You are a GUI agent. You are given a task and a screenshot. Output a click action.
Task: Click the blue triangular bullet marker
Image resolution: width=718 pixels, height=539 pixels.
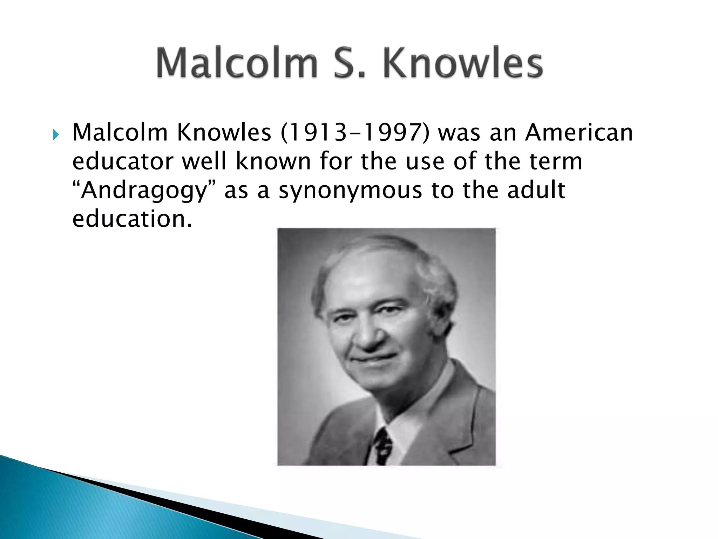tap(56, 134)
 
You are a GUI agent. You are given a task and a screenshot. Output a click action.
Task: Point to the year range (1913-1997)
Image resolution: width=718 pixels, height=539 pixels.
tap(355, 133)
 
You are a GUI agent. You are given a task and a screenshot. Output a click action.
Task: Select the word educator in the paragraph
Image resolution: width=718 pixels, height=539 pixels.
tap(123, 161)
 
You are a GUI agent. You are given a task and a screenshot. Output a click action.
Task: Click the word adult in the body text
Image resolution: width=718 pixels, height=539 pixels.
tap(536, 190)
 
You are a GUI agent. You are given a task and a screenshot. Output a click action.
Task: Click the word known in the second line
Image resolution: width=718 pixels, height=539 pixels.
tap(273, 161)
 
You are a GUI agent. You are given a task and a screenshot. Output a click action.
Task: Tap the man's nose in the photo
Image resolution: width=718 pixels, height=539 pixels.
tap(366, 333)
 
